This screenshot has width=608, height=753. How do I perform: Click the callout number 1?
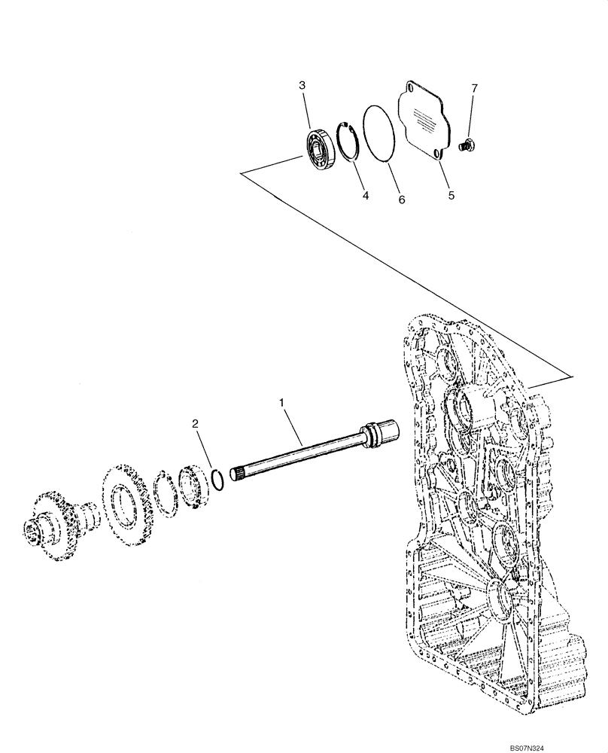pos(282,404)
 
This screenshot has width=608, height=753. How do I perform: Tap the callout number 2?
pos(195,424)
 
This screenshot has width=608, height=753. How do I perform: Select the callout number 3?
pos(302,86)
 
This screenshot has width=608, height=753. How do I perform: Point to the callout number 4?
pos(364,195)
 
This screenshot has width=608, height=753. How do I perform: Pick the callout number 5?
pos(451,195)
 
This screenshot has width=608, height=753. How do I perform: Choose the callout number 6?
pos(401,200)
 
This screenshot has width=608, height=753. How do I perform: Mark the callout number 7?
pos(474,89)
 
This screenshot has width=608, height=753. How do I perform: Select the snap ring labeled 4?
pos(348,141)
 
